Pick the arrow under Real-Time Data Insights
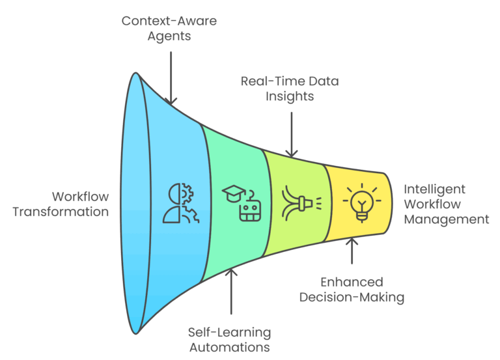(292, 133)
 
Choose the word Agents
(169, 36)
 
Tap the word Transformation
(61, 212)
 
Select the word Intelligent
(435, 189)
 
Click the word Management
(446, 219)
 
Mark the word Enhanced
(352, 283)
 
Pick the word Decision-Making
(352, 298)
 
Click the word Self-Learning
(230, 333)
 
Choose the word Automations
(230, 348)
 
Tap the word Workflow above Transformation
(81, 197)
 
